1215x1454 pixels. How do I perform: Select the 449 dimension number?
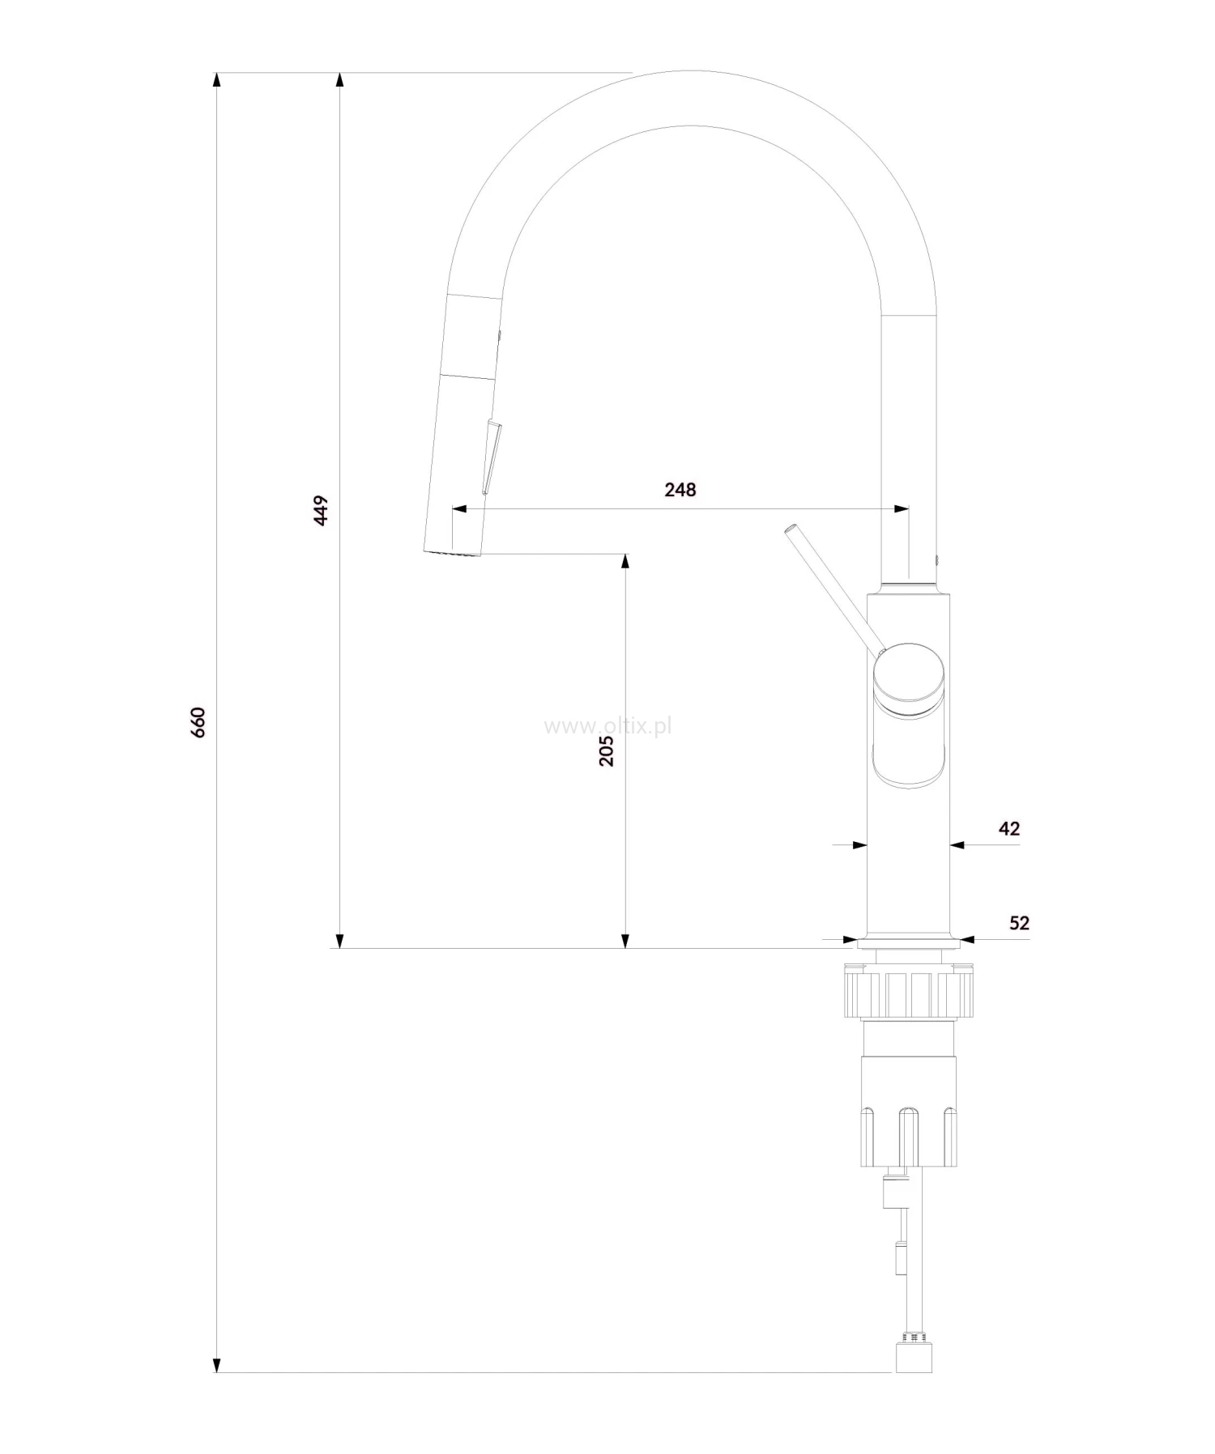click(322, 511)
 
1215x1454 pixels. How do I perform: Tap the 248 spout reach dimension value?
click(680, 490)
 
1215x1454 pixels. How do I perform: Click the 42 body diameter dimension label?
click(1009, 828)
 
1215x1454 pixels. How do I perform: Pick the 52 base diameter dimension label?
click(1019, 923)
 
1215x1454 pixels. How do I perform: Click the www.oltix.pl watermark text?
click(607, 726)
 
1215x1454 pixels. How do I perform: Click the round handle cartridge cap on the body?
click(909, 676)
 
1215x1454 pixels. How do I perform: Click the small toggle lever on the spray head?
click(492, 457)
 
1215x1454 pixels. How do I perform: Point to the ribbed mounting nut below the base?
click(908, 994)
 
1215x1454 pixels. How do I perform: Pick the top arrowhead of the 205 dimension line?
click(625, 562)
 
